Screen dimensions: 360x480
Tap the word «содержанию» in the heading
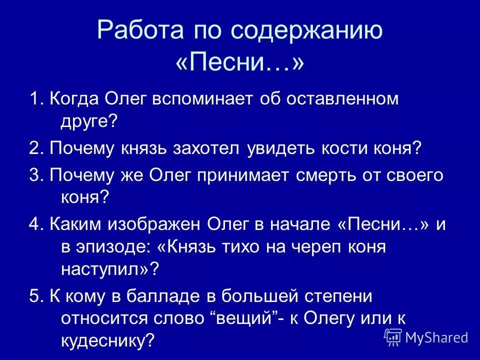click(x=306, y=30)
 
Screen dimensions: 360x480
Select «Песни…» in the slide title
click(x=239, y=63)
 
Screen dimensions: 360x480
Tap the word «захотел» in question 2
click(x=208, y=148)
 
